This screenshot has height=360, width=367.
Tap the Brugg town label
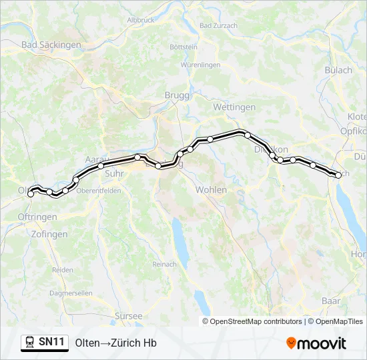pyautogui.click(x=177, y=95)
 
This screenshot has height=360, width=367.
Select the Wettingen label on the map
pyautogui.click(x=234, y=107)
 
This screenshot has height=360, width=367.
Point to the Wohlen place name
pyautogui.click(x=211, y=190)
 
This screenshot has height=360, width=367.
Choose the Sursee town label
pyautogui.click(x=128, y=315)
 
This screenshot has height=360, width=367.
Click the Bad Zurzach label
pyautogui.click(x=218, y=25)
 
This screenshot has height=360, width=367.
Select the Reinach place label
pyautogui.click(x=164, y=264)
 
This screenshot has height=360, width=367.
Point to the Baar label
pyautogui.click(x=330, y=301)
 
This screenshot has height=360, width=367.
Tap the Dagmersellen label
pyautogui.click(x=71, y=293)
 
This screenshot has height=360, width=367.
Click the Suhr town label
pyautogui.click(x=114, y=173)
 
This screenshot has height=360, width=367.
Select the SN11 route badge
pyautogui.click(x=51, y=342)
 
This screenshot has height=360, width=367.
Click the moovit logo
pyautogui.click(x=316, y=343)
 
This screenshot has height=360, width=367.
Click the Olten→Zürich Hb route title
pyautogui.click(x=115, y=343)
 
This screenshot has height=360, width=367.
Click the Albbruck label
pyautogui.click(x=140, y=20)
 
